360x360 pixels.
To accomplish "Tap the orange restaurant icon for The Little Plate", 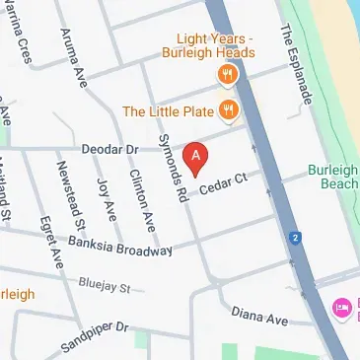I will coord(228,108).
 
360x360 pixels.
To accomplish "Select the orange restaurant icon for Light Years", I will coord(228,75).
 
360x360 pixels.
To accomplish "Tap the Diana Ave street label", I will coord(259,317).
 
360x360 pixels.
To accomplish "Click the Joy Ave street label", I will coord(106,198).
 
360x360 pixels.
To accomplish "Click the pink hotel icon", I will coord(342,309).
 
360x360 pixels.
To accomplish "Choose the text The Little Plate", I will coord(169,109).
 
